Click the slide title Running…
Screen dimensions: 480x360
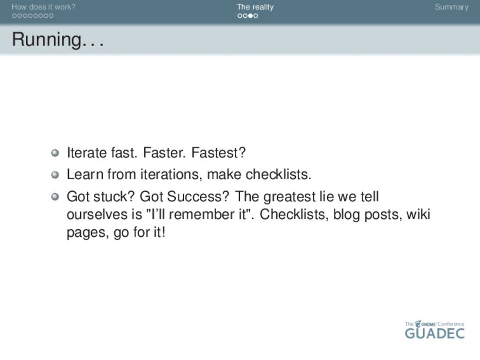pos(58,40)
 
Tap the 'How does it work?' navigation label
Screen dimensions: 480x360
pos(43,7)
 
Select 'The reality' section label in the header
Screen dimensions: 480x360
pos(255,7)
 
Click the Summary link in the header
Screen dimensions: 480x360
pos(451,7)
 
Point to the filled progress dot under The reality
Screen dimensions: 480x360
pos(250,15)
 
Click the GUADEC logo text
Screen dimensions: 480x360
pos(435,333)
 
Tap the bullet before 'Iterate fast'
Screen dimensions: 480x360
pos(55,153)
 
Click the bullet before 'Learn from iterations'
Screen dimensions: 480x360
pos(55,174)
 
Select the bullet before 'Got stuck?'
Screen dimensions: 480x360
pos(55,196)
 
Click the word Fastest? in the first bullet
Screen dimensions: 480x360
pos(218,152)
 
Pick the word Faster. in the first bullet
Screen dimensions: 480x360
pos(165,152)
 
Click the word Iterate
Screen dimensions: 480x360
pos(87,152)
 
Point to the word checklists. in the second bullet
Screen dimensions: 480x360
pos(278,174)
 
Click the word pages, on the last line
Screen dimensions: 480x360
pos(88,232)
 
